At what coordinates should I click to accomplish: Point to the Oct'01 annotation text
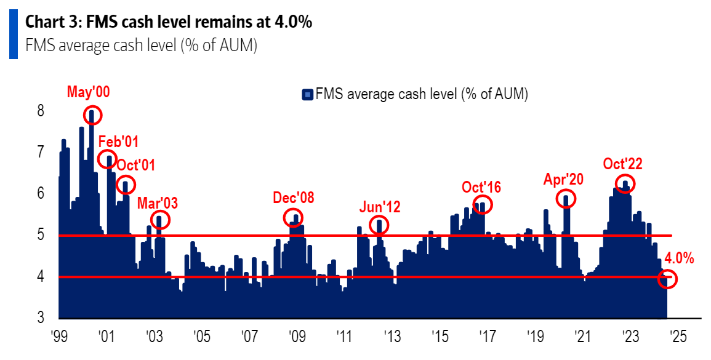[x=136, y=165]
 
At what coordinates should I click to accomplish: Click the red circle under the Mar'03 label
[x=159, y=220]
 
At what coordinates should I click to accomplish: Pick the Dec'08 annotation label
[x=294, y=198]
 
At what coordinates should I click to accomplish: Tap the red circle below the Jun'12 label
[x=380, y=225]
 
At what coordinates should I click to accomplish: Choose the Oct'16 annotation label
[x=483, y=187]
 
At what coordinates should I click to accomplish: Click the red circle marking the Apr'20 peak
[x=566, y=198]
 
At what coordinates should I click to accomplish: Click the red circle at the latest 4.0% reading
[x=667, y=279]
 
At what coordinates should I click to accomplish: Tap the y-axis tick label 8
[x=40, y=111]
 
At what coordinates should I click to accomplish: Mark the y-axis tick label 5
[x=40, y=235]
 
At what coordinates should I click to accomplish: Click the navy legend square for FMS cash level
[x=307, y=95]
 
